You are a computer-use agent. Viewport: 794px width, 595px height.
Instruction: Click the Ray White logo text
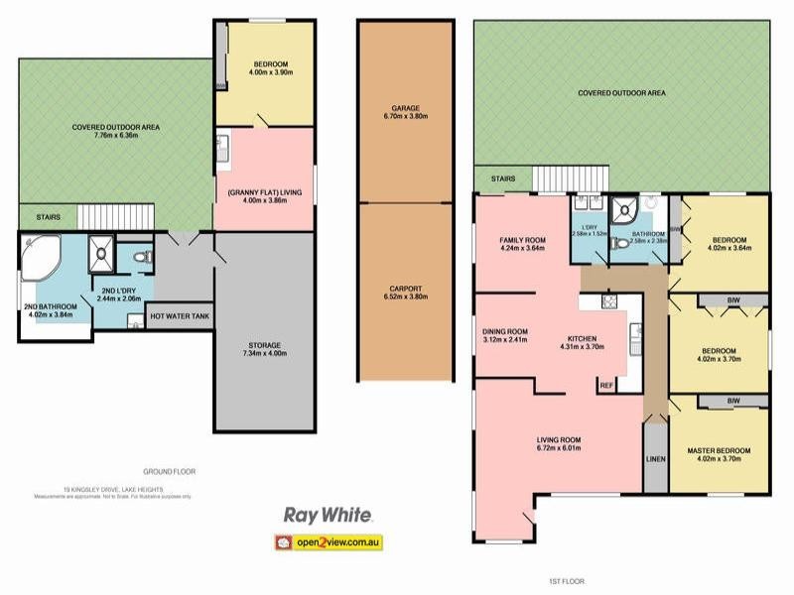[x=328, y=516]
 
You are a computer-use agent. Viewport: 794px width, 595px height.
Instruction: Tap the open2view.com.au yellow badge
[x=328, y=542]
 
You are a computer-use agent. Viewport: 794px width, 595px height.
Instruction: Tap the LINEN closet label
[x=656, y=459]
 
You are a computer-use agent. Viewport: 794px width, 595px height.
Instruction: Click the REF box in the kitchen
[x=605, y=384]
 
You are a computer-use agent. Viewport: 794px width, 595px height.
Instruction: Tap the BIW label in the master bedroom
[x=733, y=401]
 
